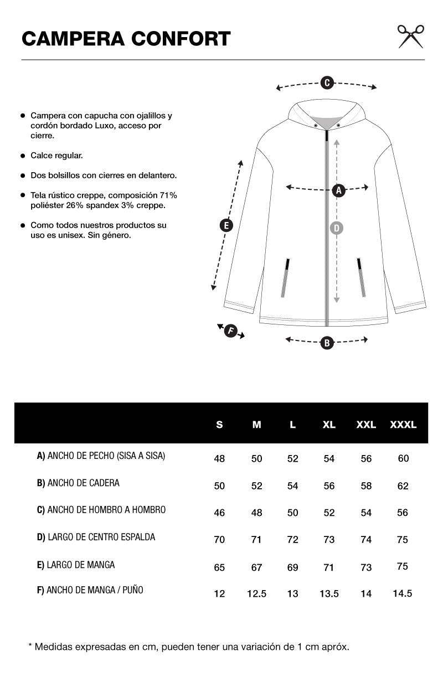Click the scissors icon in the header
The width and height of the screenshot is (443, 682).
point(410,36)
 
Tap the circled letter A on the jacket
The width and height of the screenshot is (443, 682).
point(339,190)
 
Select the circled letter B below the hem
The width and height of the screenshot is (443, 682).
point(327,343)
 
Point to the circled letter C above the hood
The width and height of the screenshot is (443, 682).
point(327,83)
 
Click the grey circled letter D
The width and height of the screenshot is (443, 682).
point(336,228)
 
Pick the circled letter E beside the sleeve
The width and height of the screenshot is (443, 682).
point(225,225)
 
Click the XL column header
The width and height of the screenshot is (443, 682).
point(329,425)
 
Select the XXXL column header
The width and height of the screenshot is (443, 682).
point(403,425)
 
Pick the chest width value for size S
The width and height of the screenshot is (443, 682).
point(219,459)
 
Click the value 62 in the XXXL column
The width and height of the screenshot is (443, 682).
point(403,486)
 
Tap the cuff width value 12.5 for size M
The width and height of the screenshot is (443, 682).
point(256,593)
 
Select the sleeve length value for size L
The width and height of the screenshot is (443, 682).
point(292,567)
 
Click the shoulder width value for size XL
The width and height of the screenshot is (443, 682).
point(329,513)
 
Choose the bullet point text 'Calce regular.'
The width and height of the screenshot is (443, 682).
point(56,156)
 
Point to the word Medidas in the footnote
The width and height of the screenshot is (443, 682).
point(54,647)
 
